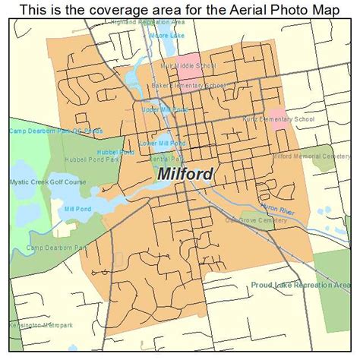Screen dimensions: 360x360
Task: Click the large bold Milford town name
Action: coord(185,174)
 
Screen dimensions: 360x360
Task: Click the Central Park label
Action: coord(166,159)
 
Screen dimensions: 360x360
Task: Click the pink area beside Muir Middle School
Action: coord(190,63)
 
